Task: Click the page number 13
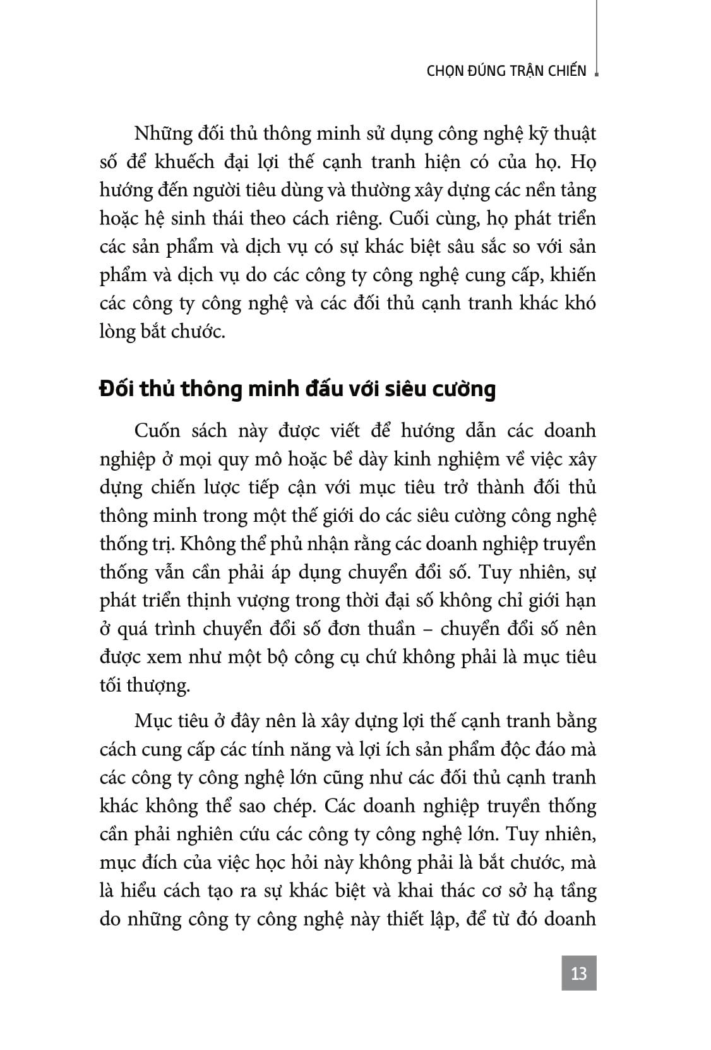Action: (578, 972)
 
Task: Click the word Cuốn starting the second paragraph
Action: (157, 431)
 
